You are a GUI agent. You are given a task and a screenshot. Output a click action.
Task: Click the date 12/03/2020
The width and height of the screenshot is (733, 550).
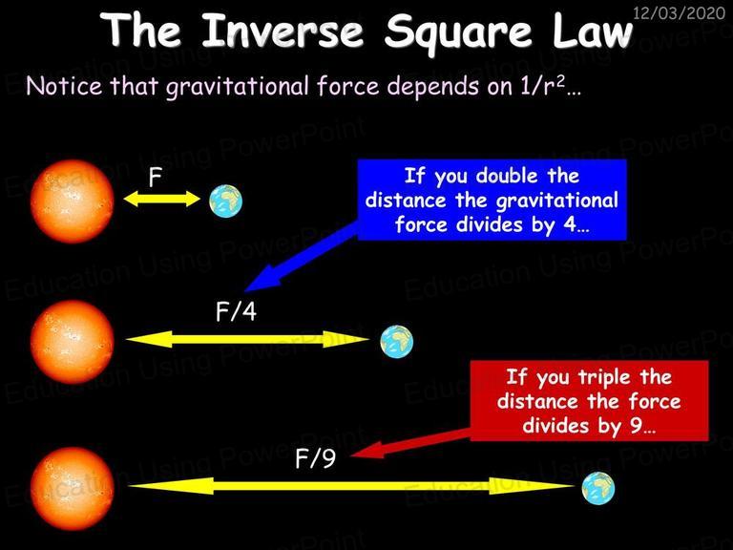point(679,12)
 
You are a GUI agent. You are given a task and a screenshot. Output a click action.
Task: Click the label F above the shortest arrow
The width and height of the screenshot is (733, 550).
point(155,178)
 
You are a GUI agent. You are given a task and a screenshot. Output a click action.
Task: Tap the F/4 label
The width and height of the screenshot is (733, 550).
point(236,311)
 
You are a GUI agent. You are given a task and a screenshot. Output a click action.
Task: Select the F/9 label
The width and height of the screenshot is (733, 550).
point(316,458)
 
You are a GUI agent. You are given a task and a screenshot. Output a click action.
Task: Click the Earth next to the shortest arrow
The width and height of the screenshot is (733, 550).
point(226,201)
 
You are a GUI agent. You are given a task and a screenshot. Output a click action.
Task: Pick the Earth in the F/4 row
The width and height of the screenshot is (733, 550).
point(396,342)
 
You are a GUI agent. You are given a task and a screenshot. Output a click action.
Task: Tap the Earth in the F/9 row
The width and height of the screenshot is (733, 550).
point(598,488)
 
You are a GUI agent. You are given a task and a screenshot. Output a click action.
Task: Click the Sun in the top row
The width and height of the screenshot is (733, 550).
point(72,201)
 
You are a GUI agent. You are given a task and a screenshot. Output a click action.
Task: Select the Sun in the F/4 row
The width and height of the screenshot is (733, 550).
point(72,343)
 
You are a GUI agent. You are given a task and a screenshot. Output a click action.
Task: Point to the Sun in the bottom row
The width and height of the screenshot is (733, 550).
point(72,489)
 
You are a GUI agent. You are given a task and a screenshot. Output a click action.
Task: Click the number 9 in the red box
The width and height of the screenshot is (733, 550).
point(636,426)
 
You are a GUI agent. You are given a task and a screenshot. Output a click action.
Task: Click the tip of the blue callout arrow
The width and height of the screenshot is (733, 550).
point(244,290)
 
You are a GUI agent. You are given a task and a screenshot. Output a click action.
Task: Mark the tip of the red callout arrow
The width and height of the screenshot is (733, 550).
point(350,455)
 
